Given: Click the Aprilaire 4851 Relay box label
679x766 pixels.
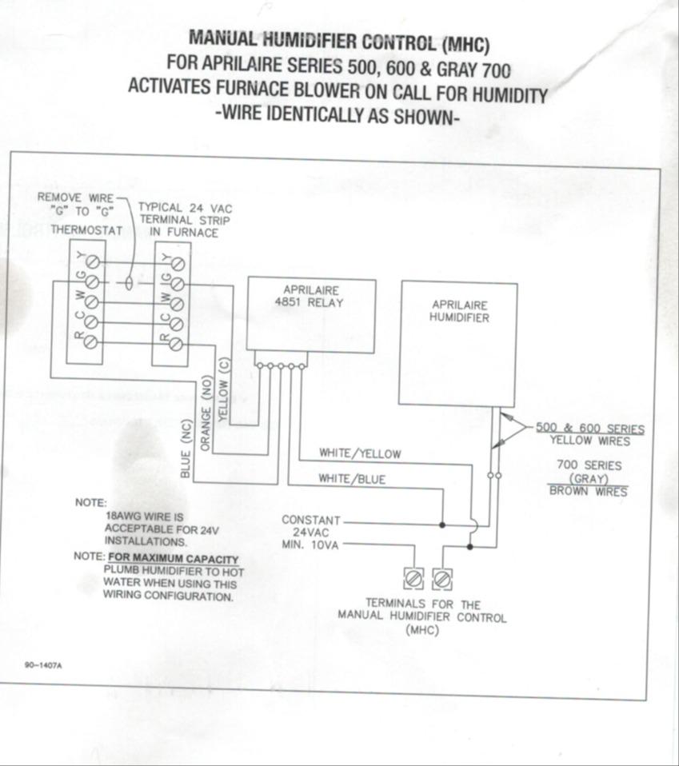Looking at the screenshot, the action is click(x=309, y=297).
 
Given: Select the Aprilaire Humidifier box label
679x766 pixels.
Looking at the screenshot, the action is click(x=459, y=312).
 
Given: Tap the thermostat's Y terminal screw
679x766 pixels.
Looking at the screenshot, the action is click(x=93, y=263).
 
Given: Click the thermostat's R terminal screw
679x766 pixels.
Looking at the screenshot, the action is click(x=90, y=342).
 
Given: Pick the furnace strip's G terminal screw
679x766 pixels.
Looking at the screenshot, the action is click(x=177, y=284).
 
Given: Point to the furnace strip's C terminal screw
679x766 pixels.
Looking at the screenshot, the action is click(x=176, y=323).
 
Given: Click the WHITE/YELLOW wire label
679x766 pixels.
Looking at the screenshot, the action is click(x=360, y=453).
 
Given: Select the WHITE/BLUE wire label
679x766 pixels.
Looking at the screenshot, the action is click(x=352, y=479).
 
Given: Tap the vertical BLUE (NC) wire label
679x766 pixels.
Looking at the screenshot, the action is click(x=186, y=449).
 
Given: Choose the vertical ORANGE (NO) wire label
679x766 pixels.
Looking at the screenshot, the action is click(x=206, y=413).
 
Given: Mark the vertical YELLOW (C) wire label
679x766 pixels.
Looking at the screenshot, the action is click(x=223, y=390).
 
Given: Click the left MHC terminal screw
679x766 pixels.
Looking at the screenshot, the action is click(x=413, y=580).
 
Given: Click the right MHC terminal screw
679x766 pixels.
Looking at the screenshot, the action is click(x=442, y=580).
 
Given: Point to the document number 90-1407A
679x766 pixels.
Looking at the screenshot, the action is click(x=43, y=665).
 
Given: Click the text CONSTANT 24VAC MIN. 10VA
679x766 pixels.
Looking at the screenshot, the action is click(x=310, y=533).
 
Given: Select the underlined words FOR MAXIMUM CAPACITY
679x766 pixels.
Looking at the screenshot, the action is click(x=174, y=559).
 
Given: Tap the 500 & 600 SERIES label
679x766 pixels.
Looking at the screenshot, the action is click(x=590, y=429).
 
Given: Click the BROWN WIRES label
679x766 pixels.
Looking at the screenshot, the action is click(x=588, y=491).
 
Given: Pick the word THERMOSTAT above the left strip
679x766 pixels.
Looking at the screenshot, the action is click(x=86, y=229).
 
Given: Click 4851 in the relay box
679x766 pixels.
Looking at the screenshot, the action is click(x=288, y=302).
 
